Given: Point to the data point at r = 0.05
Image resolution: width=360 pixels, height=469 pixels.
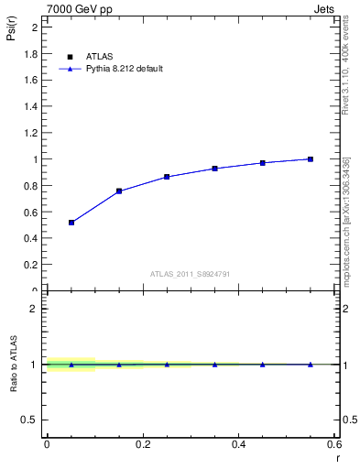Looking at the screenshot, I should coord(71,223).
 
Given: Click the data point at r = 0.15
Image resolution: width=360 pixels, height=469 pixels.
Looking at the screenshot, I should coord(119,191).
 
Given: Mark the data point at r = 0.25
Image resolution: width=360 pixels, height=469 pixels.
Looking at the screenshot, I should coord(167,177).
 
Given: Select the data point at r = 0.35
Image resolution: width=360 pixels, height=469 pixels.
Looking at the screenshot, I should coord(214,169).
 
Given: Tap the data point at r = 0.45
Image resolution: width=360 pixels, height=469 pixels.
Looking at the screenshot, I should coord(263,163).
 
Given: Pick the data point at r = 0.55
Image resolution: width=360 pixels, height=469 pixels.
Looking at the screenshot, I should coord(311,159).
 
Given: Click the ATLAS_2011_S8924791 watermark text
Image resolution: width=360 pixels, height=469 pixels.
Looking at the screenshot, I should coord(190,274).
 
